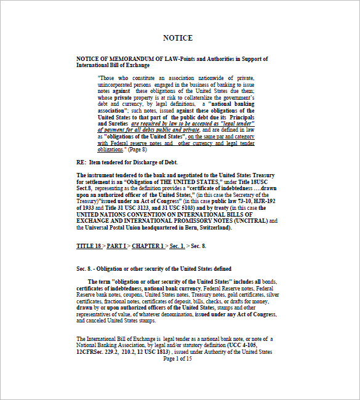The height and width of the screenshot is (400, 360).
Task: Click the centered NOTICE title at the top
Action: (178, 38)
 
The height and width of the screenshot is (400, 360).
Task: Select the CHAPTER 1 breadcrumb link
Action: (148, 246)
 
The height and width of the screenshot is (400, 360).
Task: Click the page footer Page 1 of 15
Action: (178, 359)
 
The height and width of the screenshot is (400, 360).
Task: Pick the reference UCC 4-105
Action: (242, 346)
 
